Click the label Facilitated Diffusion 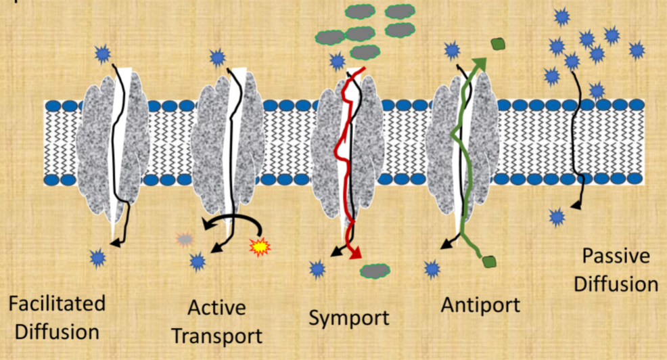click(57, 317)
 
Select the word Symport click(349, 317)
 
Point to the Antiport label click(480, 305)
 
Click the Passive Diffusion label click(616, 270)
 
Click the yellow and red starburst click(260, 247)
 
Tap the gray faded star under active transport click(184, 238)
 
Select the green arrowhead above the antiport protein click(480, 63)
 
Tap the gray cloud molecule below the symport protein click(375, 270)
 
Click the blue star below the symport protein click(317, 269)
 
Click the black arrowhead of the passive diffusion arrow click(578, 204)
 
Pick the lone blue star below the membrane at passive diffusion click(557, 217)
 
